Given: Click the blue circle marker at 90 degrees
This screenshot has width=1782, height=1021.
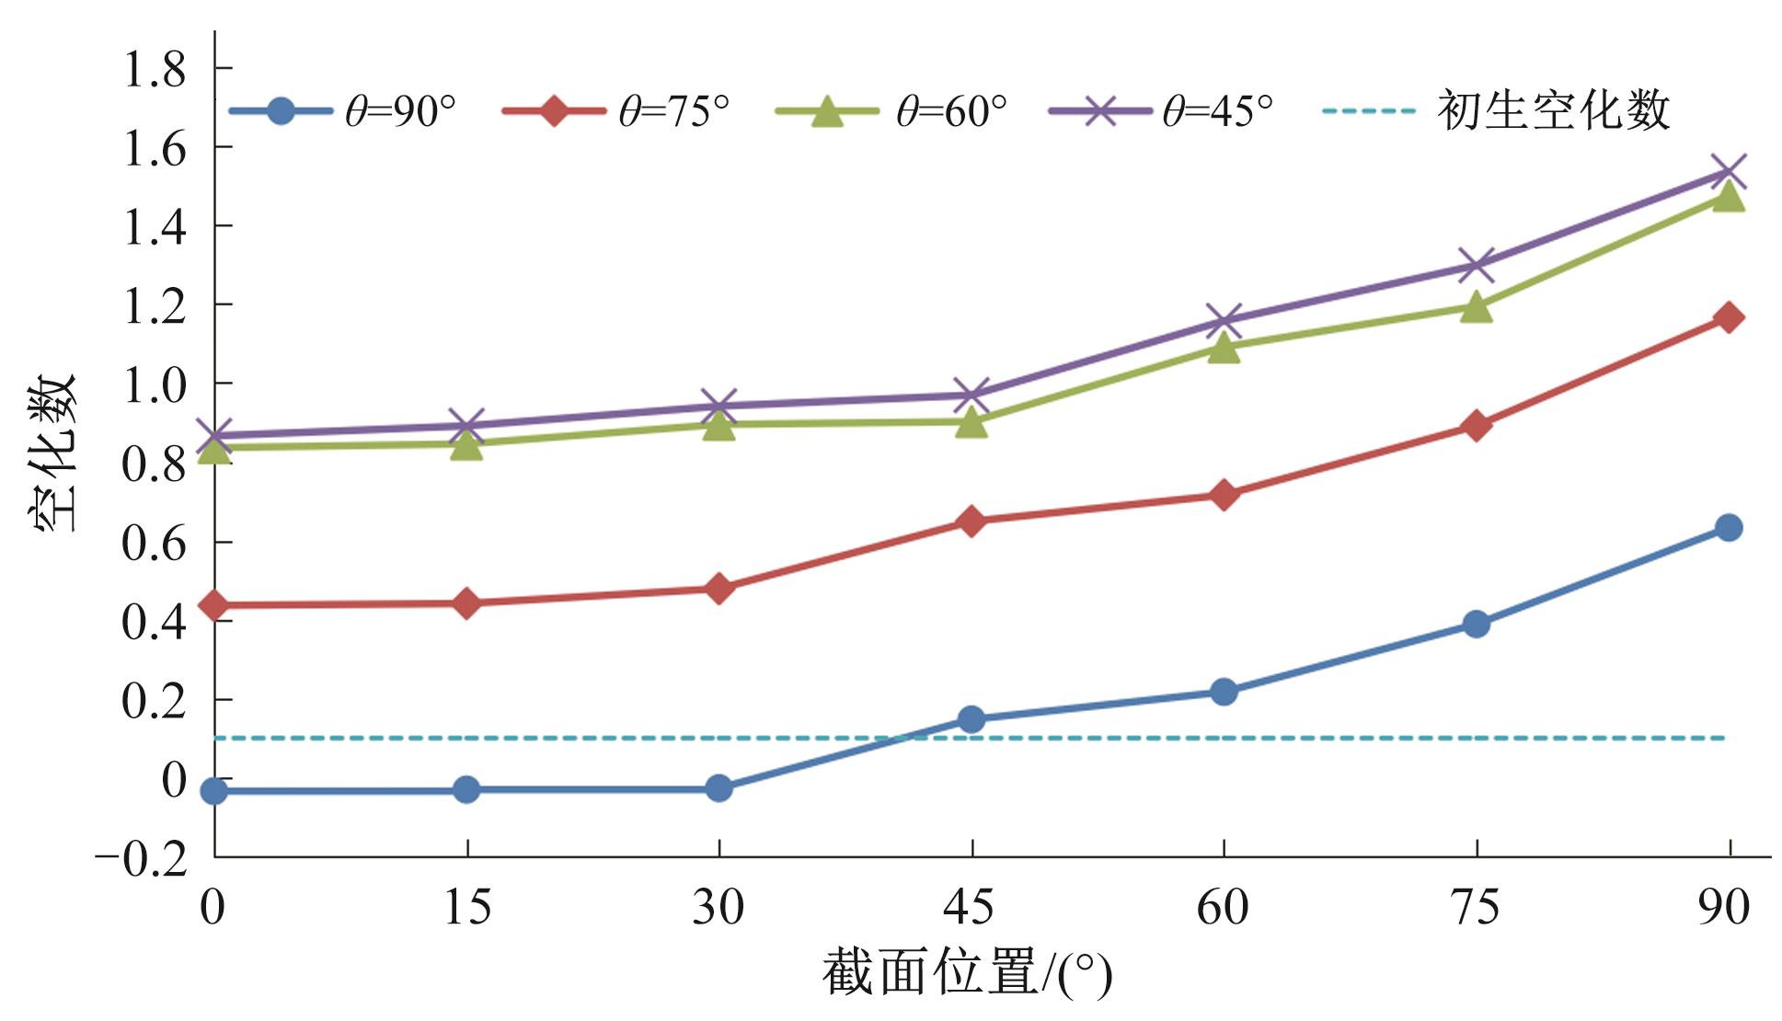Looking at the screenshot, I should [x=1729, y=528].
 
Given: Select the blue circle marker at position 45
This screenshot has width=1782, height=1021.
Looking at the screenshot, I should [x=971, y=719].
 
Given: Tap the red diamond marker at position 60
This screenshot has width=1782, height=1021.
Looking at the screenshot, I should [x=1224, y=496].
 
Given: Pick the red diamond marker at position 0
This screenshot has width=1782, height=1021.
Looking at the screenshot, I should [x=214, y=605].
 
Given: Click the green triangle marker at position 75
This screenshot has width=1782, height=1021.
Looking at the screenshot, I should [x=1476, y=307].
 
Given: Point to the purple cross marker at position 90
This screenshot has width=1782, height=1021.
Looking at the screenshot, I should [x=1729, y=172].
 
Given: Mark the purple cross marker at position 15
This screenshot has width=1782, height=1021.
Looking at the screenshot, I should [x=466, y=426].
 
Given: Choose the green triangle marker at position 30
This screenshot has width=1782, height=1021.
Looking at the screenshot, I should [x=719, y=424].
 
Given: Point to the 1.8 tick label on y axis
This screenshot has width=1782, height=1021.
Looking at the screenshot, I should [x=155, y=70].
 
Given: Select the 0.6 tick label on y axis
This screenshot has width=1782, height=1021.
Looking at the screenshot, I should [x=155, y=543].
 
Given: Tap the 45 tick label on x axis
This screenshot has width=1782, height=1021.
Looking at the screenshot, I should [x=970, y=909].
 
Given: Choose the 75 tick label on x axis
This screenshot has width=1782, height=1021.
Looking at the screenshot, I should [x=1475, y=909].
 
